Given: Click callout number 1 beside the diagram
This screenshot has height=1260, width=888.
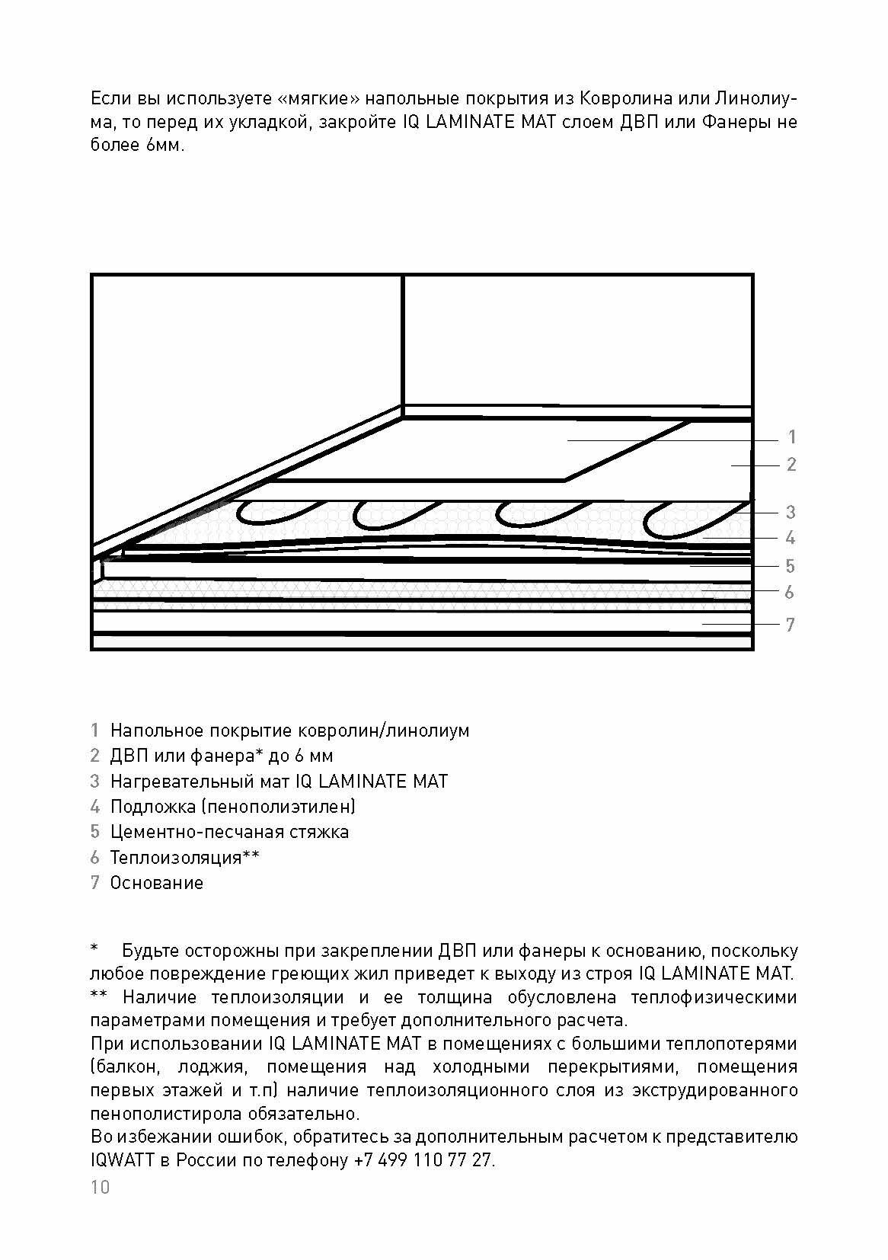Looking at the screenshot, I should [x=792, y=437].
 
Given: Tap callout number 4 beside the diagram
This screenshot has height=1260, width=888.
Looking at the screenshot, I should [x=791, y=538].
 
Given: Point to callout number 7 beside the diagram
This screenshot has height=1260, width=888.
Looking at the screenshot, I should [x=791, y=625].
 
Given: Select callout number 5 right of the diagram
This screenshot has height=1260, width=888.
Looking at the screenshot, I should [x=791, y=566].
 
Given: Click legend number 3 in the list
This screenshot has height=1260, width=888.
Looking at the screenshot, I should [x=94, y=781].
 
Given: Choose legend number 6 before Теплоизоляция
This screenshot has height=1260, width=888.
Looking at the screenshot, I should [x=94, y=857].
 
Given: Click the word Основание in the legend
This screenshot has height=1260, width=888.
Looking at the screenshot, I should [x=157, y=883].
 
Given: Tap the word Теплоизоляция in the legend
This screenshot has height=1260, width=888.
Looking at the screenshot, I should [x=176, y=857].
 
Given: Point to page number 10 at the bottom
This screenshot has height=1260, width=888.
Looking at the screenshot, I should [x=100, y=1187].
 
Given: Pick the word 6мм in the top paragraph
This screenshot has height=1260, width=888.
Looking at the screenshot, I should [x=162, y=145].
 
